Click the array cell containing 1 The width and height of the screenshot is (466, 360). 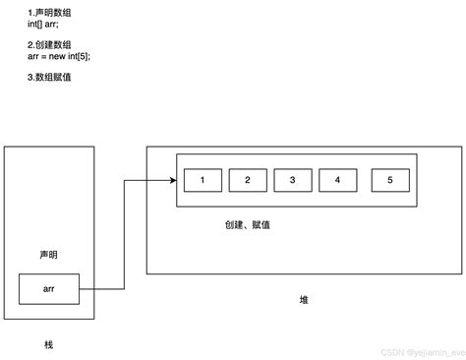[x=203, y=180]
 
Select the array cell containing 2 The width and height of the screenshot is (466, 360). [x=248, y=180]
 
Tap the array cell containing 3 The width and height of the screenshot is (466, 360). [x=293, y=180]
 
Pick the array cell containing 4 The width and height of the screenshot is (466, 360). [x=338, y=180]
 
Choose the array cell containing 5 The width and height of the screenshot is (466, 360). [x=390, y=180]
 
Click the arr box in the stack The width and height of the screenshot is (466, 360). [x=49, y=289]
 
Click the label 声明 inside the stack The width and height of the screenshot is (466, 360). [x=49, y=254]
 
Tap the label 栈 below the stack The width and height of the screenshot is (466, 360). [x=49, y=345]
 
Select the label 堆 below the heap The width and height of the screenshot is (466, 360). [x=304, y=299]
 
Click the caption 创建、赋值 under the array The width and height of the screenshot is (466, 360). [x=248, y=225]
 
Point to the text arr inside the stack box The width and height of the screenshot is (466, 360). [x=49, y=289]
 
